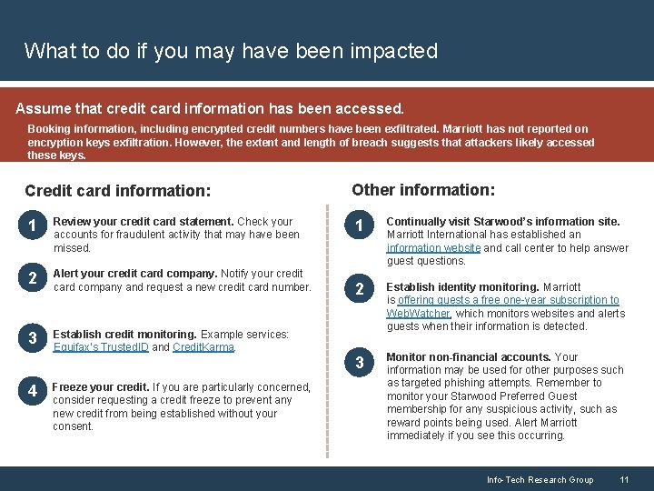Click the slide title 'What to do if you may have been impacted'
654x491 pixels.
(231, 51)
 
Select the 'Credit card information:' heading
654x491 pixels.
(118, 191)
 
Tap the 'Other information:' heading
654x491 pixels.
(423, 190)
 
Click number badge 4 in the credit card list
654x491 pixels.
(32, 392)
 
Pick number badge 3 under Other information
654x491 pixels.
(359, 364)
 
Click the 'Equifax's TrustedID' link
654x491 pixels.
(100, 347)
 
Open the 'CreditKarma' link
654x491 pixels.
(203, 347)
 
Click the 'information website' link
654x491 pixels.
(433, 248)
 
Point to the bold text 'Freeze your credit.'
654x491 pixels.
(101, 387)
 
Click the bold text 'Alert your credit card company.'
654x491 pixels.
(135, 274)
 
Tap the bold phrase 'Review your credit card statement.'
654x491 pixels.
(144, 221)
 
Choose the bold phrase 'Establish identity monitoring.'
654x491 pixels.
(462, 287)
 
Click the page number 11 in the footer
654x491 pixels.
(624, 479)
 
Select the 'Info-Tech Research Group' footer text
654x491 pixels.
(540, 479)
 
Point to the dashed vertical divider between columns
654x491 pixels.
(327, 318)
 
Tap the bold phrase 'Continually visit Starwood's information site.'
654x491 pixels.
(503, 221)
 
